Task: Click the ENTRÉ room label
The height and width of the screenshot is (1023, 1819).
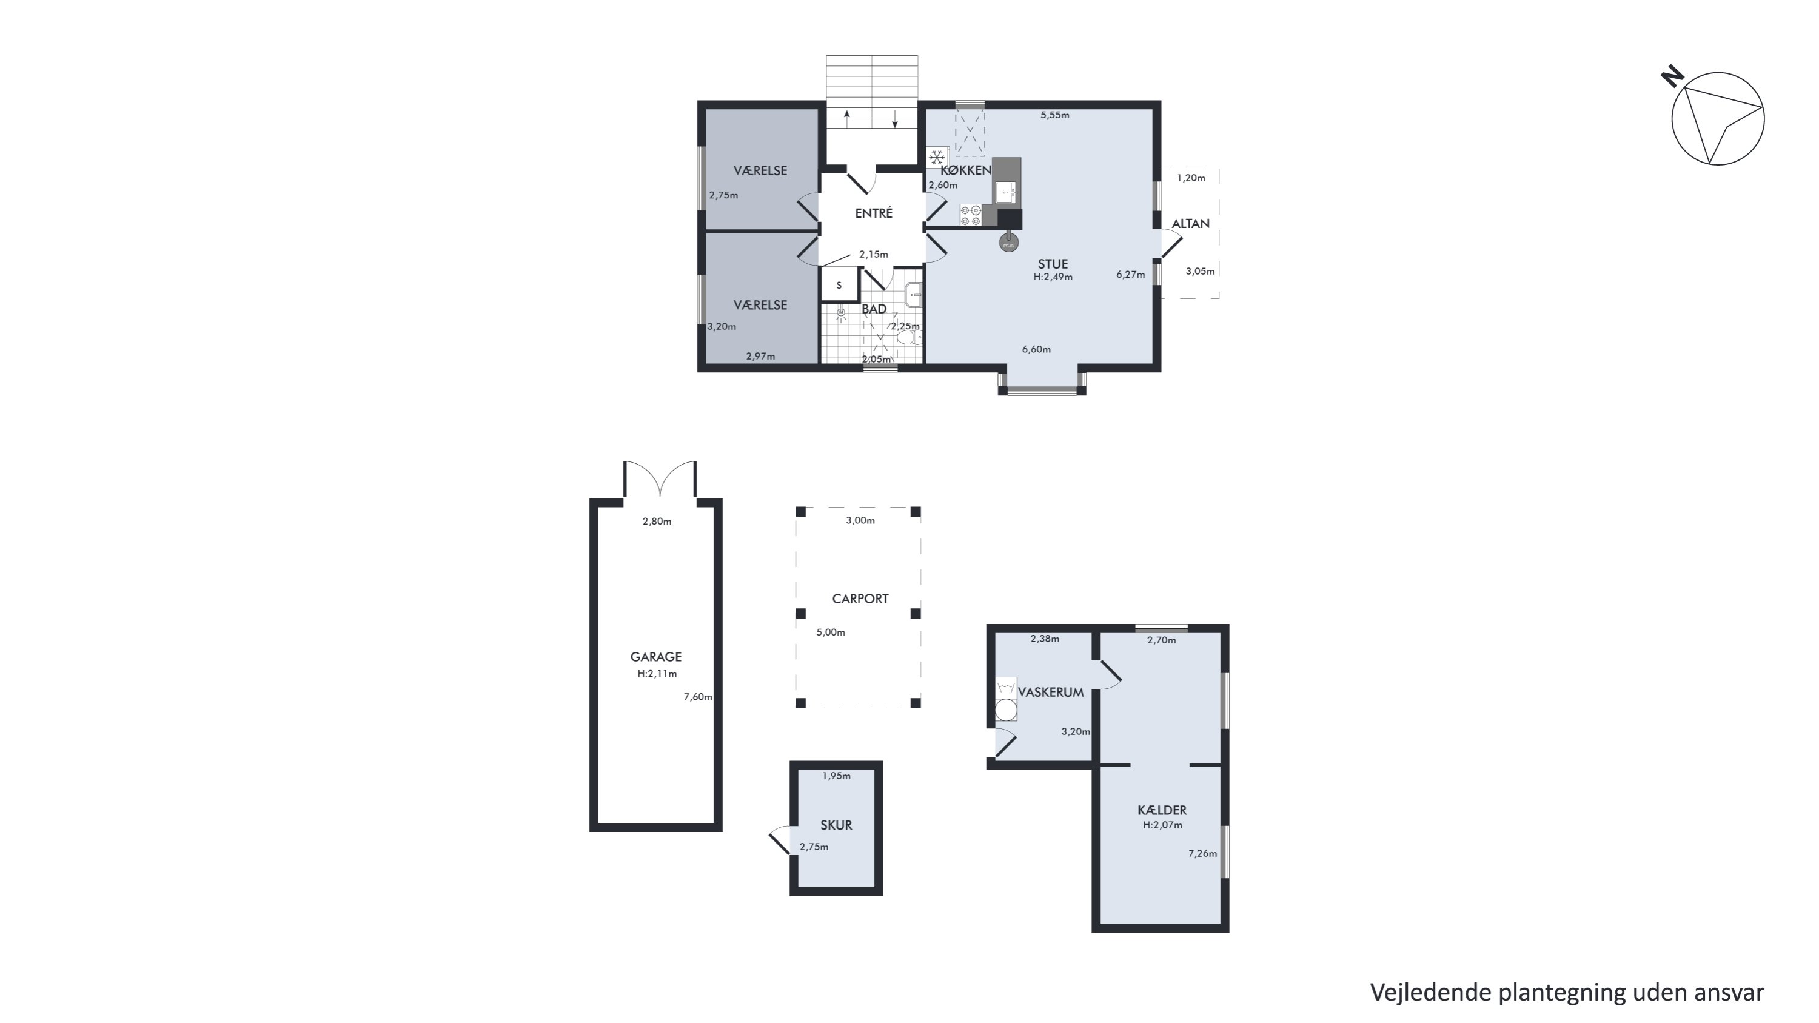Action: click(874, 213)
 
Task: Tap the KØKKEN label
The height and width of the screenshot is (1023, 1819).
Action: click(966, 170)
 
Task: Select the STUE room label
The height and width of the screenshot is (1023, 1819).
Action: click(1053, 264)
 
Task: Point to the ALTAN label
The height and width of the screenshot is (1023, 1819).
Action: click(1191, 224)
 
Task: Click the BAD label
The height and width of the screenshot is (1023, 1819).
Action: click(874, 309)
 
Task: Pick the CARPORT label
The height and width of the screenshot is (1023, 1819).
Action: click(860, 599)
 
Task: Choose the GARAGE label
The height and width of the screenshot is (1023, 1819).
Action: click(656, 657)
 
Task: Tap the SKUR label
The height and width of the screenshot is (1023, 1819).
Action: click(836, 825)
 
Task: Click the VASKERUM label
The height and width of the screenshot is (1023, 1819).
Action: click(1051, 693)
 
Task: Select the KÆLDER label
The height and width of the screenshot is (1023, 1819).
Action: click(1162, 811)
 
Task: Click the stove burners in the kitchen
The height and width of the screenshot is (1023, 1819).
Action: click(970, 215)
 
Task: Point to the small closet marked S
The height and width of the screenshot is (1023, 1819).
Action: click(839, 285)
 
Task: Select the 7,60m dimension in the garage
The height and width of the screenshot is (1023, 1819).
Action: click(698, 697)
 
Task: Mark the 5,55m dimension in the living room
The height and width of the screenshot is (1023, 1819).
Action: click(1055, 115)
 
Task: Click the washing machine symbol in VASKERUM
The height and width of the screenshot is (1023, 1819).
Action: click(1007, 709)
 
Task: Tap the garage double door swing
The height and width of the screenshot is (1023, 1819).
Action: click(660, 478)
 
